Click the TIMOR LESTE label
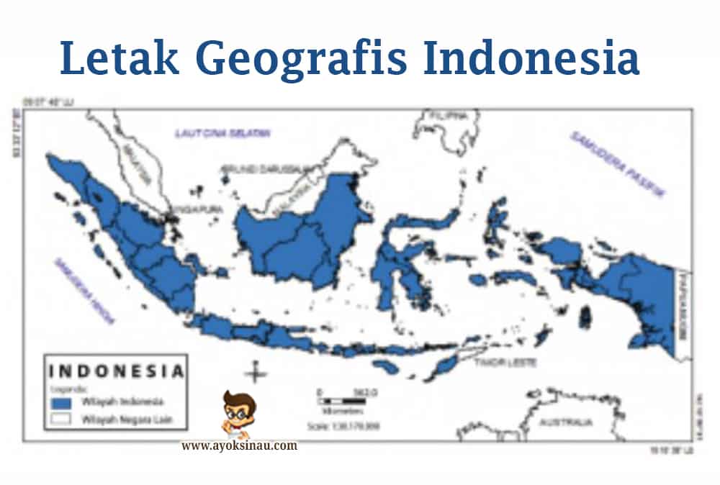(505, 363)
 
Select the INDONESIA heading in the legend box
(115, 372)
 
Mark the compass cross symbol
(253, 373)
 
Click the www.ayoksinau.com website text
(239, 445)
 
